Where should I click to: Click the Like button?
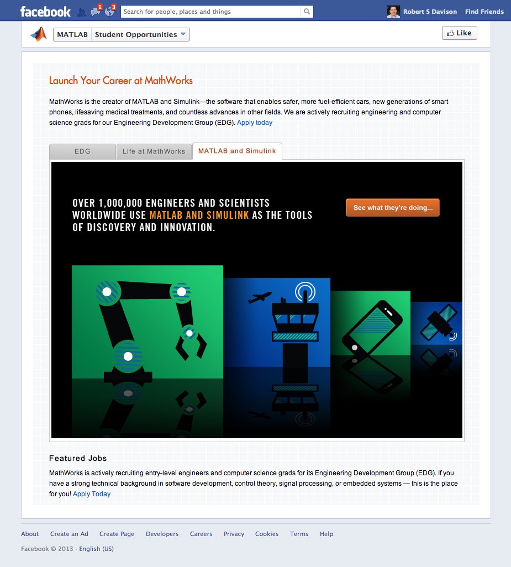point(459,33)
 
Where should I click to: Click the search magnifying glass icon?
point(307,12)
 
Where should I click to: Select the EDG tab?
point(82,151)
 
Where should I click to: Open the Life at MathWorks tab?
point(154,151)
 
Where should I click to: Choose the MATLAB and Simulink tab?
point(237,151)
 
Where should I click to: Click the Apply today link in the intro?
point(255,123)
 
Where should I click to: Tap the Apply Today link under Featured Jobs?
point(92,494)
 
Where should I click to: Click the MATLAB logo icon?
point(39,34)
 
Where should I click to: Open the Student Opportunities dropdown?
point(140,35)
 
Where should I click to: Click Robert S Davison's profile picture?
point(393,12)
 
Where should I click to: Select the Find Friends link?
point(484,12)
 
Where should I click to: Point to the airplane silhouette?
point(260,298)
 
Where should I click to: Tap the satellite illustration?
point(438,322)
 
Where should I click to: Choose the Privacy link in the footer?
point(234,534)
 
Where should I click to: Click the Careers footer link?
point(201,534)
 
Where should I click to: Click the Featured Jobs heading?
point(78,458)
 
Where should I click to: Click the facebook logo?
point(45,12)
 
